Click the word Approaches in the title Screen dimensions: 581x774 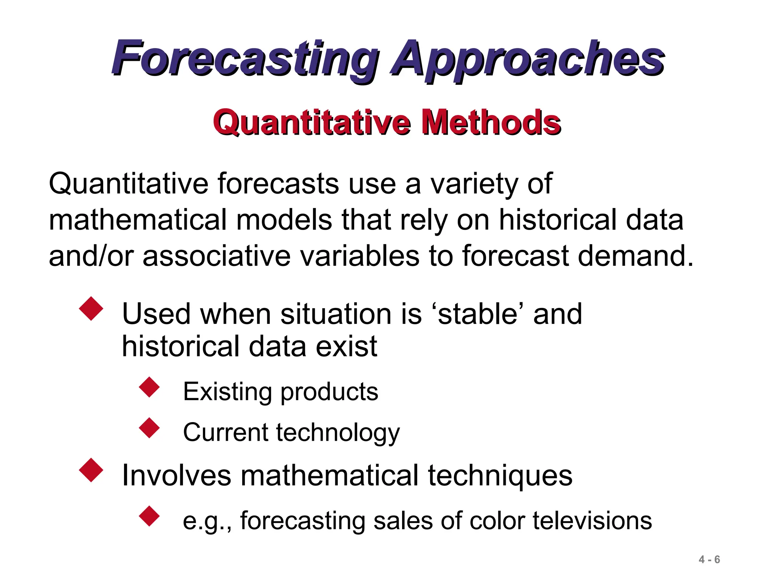click(x=527, y=60)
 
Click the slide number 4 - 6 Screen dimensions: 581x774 click(x=709, y=559)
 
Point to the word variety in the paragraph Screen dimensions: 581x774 click(x=474, y=184)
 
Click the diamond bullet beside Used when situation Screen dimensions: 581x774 click(x=91, y=309)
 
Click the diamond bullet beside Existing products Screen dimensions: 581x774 click(x=150, y=387)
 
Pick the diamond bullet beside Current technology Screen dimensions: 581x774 click(x=150, y=428)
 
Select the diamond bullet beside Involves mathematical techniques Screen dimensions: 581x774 click(x=91, y=470)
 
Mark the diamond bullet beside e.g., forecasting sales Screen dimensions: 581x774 click(x=150, y=516)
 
